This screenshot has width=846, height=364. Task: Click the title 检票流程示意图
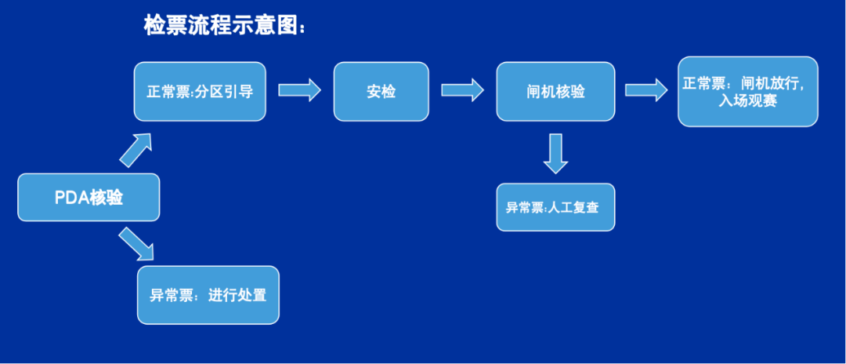coord(224,25)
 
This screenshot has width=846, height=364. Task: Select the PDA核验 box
coord(89,197)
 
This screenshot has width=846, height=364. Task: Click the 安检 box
coord(381,91)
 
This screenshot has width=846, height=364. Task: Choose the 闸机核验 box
coord(555,91)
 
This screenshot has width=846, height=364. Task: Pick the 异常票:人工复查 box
coord(555,207)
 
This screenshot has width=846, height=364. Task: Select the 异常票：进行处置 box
coord(208,296)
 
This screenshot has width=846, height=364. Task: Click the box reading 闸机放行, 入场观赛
coord(747,91)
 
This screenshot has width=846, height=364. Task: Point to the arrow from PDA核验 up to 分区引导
coord(135,150)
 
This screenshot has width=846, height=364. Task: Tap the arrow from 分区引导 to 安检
coord(300,89)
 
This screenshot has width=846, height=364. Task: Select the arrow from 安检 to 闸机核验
coord(462,89)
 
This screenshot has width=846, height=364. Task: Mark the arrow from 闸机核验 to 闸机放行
coord(645,89)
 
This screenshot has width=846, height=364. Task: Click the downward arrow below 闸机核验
coord(555,153)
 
